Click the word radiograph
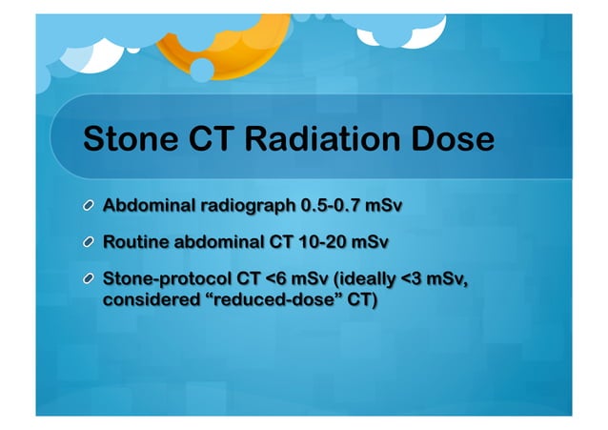(x=246, y=204)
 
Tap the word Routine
(x=134, y=241)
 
